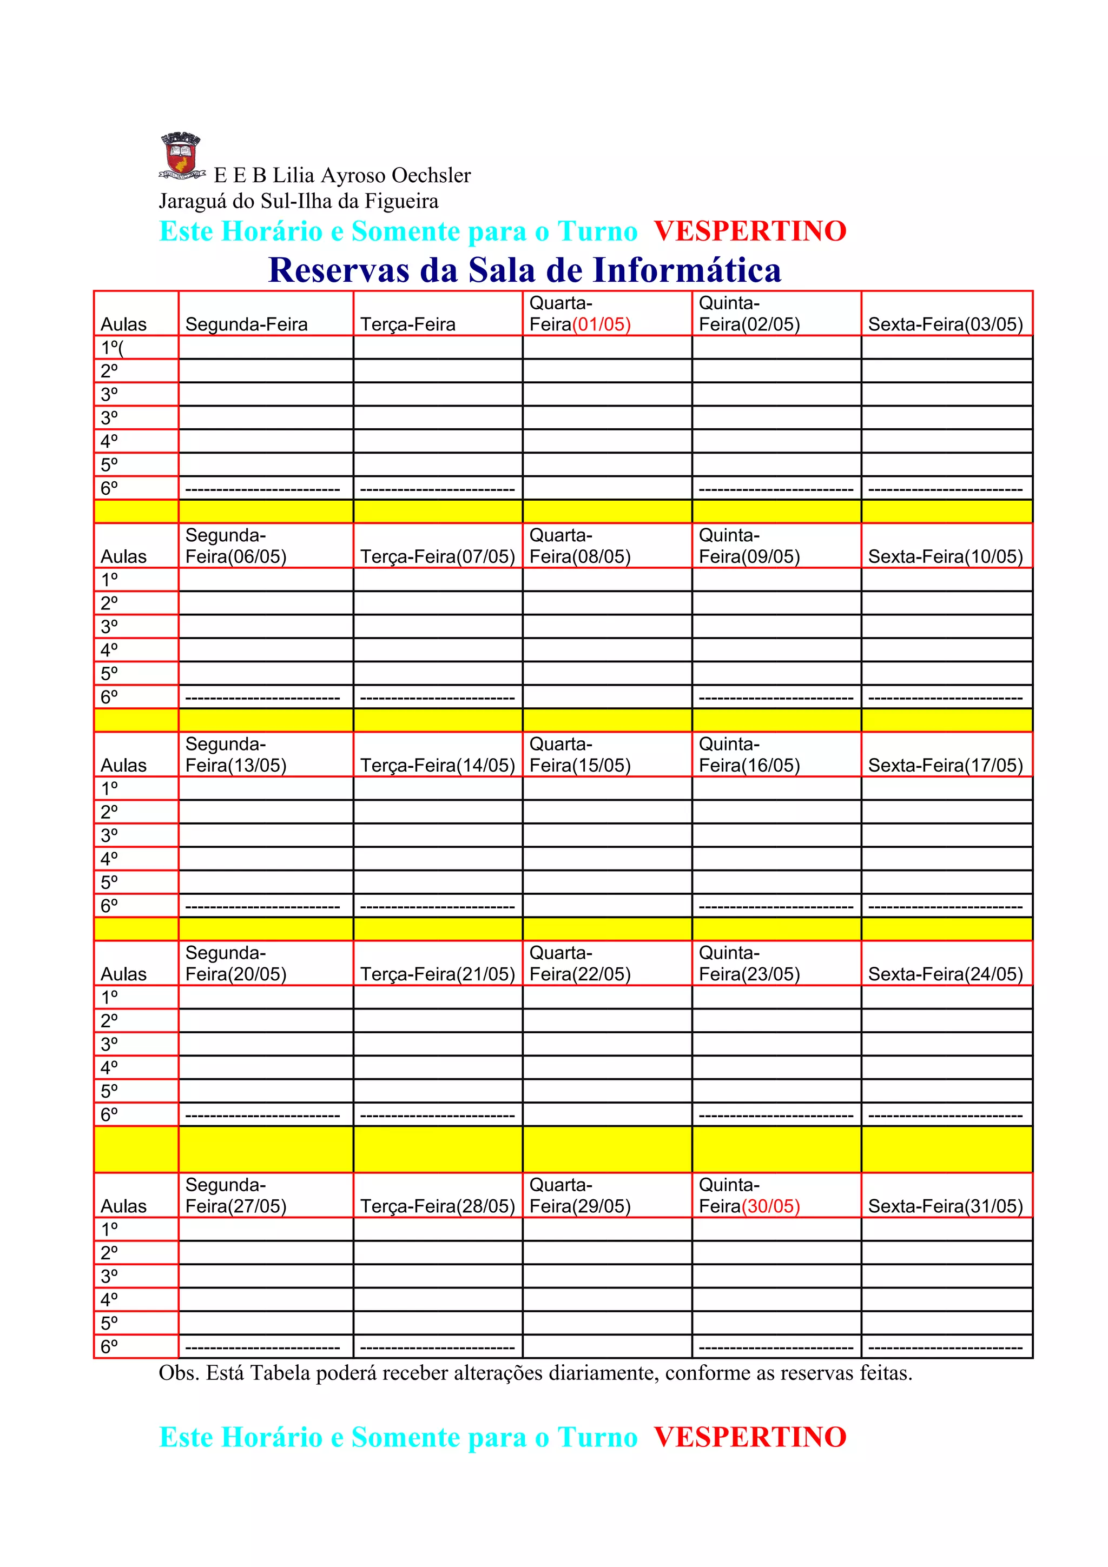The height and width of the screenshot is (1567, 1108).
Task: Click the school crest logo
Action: [x=182, y=156]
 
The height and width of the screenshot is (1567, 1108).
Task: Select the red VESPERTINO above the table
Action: [x=750, y=231]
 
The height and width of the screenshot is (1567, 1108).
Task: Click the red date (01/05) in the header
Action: [x=601, y=325]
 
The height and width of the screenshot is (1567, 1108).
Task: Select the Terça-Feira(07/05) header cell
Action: [x=437, y=557]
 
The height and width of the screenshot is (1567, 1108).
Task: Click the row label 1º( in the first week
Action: [x=112, y=348]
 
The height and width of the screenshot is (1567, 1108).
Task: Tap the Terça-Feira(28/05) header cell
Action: [x=437, y=1207]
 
